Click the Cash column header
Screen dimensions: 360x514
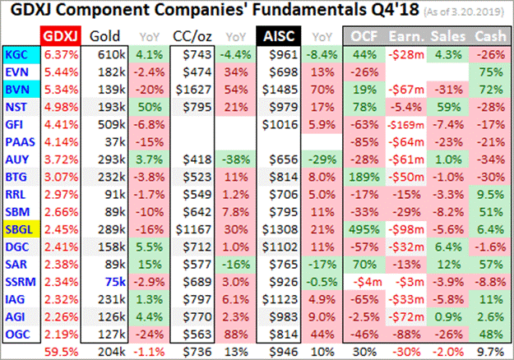click(x=490, y=37)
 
